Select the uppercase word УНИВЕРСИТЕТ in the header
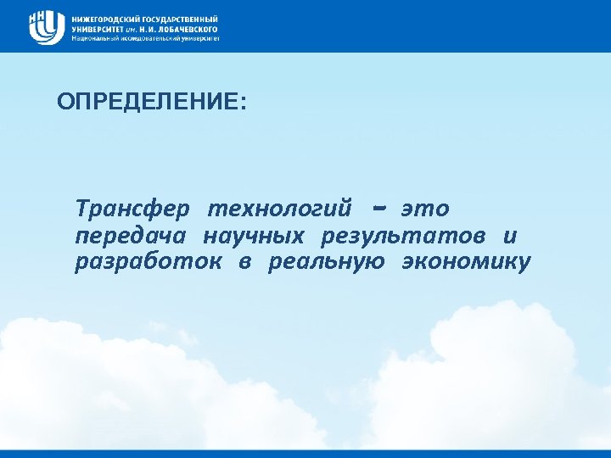tap(98, 28)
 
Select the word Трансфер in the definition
tap(135, 208)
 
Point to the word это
tap(425, 208)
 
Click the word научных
tap(258, 235)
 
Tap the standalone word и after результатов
tap(509, 235)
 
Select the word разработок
tap(149, 262)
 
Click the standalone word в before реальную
tap(244, 262)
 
